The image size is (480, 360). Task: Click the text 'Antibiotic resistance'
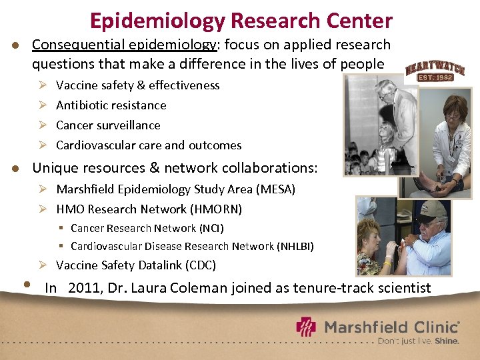point(111,105)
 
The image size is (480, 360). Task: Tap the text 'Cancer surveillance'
point(108,125)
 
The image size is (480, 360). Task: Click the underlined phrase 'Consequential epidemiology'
point(125,45)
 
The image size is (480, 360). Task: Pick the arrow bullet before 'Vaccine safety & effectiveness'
point(41,85)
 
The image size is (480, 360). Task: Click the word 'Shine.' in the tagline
point(447,341)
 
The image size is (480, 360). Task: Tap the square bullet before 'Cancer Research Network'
point(61,229)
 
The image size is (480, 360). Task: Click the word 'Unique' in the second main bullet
point(53,168)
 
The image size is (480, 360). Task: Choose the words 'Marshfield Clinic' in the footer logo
point(391,327)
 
